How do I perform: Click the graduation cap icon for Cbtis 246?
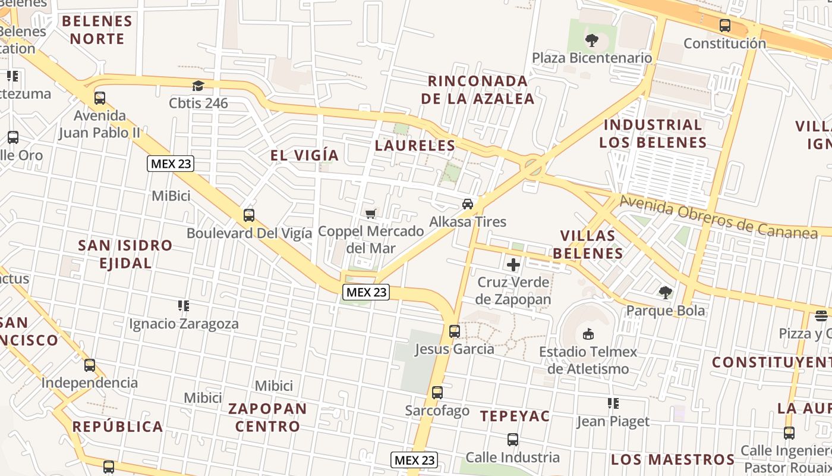(x=198, y=86)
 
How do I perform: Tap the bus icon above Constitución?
(x=724, y=26)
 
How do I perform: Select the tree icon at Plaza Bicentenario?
(x=591, y=40)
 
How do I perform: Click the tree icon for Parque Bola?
(x=666, y=293)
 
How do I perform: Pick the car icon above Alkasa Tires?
(x=468, y=204)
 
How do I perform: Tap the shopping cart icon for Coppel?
(x=371, y=214)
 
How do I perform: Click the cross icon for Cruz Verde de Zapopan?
(x=513, y=265)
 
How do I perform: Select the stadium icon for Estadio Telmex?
(x=588, y=334)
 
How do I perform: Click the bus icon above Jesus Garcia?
(x=455, y=331)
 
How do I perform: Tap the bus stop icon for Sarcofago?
(x=437, y=393)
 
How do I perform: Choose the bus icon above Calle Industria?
(x=512, y=440)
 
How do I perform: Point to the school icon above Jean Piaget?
(x=613, y=404)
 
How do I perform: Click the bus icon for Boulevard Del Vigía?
(x=249, y=215)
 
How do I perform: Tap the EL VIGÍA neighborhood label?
(x=304, y=156)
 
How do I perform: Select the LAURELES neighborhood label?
(x=415, y=146)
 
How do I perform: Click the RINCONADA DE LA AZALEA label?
(x=478, y=90)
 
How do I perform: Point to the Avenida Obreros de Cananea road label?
(x=718, y=217)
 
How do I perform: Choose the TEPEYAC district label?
(x=515, y=416)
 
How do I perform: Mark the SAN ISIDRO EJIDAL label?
(x=125, y=254)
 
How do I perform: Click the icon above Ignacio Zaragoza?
(x=184, y=306)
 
